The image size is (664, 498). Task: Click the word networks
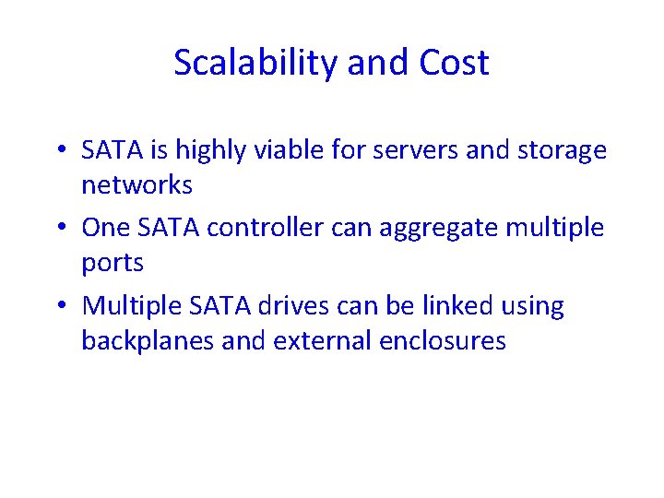(136, 185)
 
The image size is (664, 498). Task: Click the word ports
(113, 263)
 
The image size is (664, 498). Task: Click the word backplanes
(148, 340)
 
